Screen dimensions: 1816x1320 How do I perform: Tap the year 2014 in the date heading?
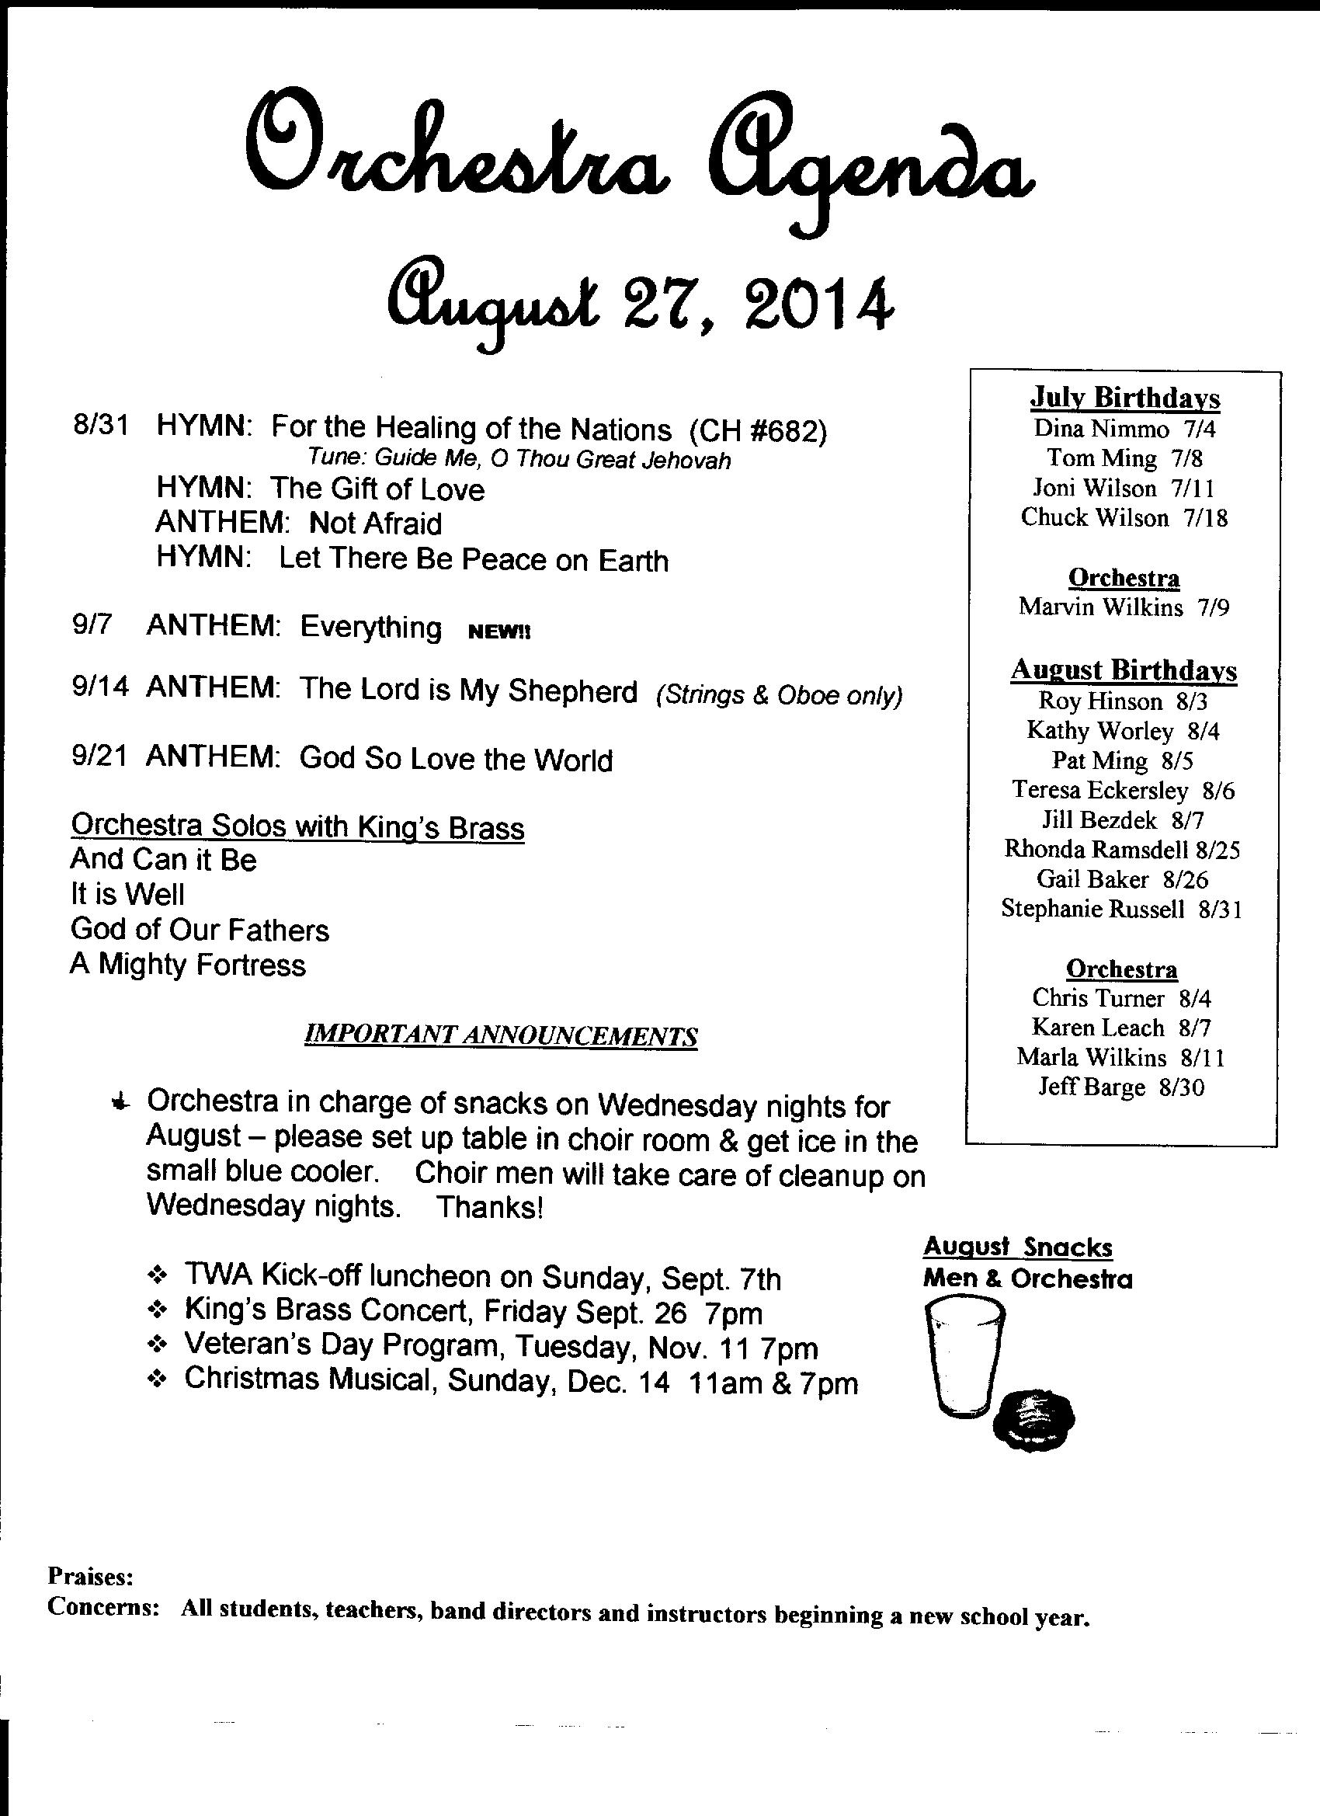coord(817,303)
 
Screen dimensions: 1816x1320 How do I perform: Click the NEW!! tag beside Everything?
coord(498,631)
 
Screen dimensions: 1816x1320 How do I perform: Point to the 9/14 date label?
coord(99,687)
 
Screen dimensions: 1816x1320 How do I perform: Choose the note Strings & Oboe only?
coord(778,695)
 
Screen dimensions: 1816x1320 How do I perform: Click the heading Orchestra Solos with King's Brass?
coord(297,826)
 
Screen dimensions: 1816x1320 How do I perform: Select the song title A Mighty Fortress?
coord(187,964)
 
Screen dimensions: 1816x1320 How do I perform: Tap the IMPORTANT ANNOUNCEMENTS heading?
coord(500,1036)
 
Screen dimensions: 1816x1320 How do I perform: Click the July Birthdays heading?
coord(1124,397)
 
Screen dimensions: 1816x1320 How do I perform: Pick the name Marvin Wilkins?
coord(1099,607)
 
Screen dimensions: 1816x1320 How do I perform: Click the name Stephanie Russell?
coord(1092,909)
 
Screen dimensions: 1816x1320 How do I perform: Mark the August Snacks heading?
coord(1016,1247)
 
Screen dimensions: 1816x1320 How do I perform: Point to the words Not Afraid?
coord(374,524)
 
